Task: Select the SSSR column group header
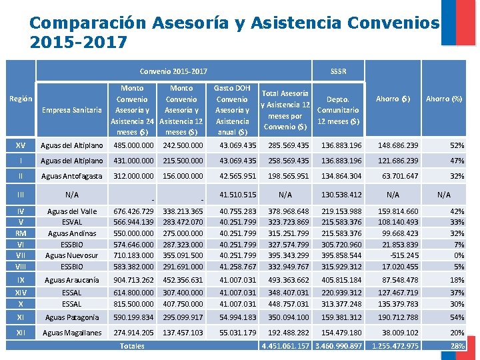pyautogui.click(x=338, y=71)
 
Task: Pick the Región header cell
pyautogui.click(x=20, y=99)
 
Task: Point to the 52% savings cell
pyautogui.click(x=457, y=145)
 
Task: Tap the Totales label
pyautogui.click(x=132, y=345)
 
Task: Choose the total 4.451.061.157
pyautogui.click(x=286, y=345)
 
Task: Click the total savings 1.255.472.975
pyautogui.click(x=395, y=345)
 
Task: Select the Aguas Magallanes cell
pyautogui.click(x=72, y=332)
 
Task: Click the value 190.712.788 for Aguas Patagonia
pyautogui.click(x=398, y=318)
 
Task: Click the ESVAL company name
pyautogui.click(x=72, y=222)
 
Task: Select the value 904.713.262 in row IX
pyautogui.click(x=134, y=280)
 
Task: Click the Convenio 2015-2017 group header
pyautogui.click(x=173, y=71)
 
